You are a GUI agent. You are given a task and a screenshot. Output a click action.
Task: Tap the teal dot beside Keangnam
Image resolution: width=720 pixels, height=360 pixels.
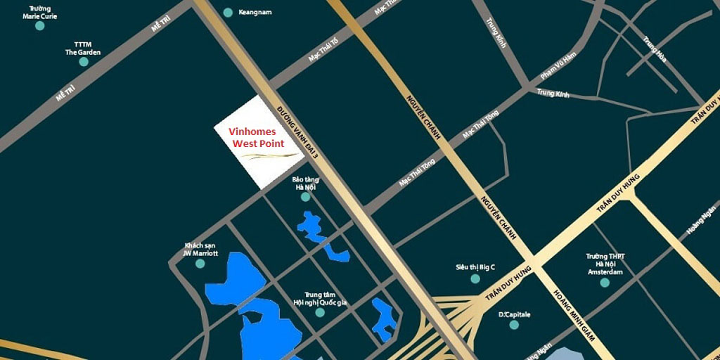pos(227,12)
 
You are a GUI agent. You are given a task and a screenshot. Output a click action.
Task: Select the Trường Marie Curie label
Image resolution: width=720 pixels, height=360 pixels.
pos(39,12)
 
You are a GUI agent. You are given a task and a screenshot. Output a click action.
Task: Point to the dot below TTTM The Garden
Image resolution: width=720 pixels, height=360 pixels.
pos(83,62)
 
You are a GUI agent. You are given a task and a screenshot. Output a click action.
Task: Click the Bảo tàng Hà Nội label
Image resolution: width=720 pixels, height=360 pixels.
pos(306,184)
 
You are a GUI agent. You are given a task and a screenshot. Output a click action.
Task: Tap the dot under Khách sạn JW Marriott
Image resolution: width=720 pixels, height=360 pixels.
pos(200,264)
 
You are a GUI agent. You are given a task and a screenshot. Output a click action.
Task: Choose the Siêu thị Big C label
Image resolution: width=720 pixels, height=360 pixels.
pos(475,267)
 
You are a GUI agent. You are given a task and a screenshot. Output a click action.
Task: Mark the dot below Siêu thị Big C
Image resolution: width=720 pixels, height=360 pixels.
pos(475,279)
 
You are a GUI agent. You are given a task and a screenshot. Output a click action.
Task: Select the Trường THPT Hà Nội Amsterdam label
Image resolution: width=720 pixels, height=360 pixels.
pos(605,264)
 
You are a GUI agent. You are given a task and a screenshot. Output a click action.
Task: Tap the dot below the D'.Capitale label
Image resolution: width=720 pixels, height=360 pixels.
pos(514,325)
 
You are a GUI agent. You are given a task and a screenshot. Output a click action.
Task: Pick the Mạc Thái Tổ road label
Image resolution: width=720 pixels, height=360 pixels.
pos(323,50)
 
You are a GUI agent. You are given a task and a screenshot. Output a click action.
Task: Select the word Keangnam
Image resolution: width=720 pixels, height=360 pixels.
pos(255,13)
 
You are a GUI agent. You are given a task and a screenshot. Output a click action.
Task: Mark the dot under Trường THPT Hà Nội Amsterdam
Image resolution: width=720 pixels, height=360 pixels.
pos(605,283)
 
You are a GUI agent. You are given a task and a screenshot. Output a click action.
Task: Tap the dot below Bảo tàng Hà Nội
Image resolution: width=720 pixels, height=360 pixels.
pos(305,197)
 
